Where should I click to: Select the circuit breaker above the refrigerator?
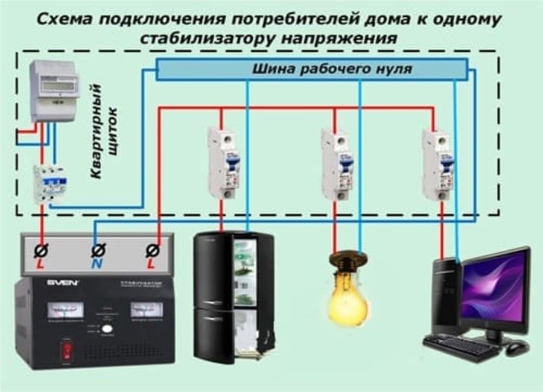(224, 163)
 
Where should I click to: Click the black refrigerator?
(232, 296)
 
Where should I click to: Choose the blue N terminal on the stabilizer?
(97, 250)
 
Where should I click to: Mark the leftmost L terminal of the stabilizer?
(42, 250)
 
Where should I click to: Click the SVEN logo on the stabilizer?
(63, 282)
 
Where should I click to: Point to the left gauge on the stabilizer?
(65, 310)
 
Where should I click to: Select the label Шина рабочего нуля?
(331, 69)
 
